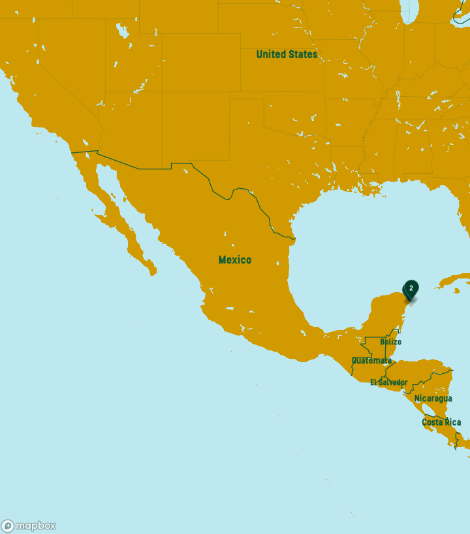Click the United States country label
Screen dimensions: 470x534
pyautogui.click(x=287, y=54)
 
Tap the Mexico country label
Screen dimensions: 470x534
pyautogui.click(x=234, y=260)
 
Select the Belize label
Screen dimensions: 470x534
pyautogui.click(x=390, y=342)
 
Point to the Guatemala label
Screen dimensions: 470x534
pyautogui.click(x=371, y=361)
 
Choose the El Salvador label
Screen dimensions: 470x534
pyautogui.click(x=388, y=382)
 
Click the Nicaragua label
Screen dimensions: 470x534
pyautogui.click(x=433, y=398)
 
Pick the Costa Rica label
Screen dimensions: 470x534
pyautogui.click(x=441, y=422)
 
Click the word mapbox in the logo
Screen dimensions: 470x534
pyautogui.click(x=35, y=526)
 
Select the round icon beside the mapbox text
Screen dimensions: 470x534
pyautogui.click(x=8, y=526)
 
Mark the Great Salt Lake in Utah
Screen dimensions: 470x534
pyautogui.click(x=122, y=30)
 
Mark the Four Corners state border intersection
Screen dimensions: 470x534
pyautogui.click(x=162, y=92)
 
